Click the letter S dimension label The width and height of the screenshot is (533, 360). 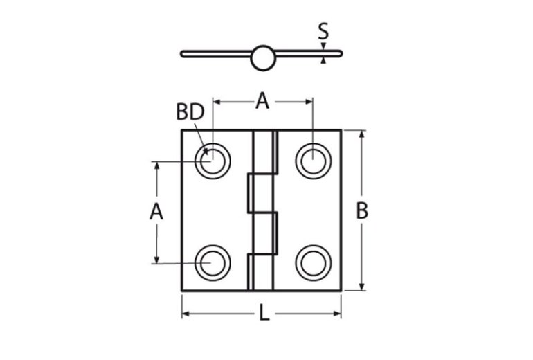tap(323, 31)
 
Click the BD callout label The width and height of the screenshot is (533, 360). tap(190, 111)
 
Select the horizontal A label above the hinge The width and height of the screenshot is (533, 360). tap(262, 101)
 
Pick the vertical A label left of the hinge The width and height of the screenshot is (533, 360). tap(156, 212)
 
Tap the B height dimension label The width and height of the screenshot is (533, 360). tap(362, 211)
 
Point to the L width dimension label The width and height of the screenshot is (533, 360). tap(264, 314)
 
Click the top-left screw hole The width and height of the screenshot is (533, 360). tap(213, 161)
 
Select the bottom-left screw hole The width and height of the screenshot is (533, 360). tap(213, 262)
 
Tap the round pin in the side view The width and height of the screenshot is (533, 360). tap(262, 57)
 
